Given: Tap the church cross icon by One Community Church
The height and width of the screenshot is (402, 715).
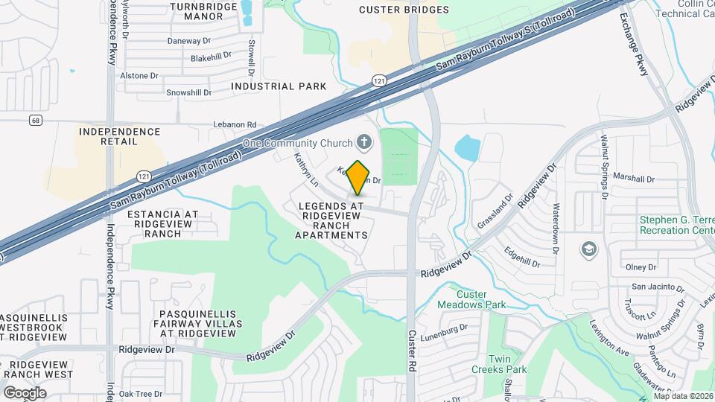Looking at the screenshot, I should point(364,141).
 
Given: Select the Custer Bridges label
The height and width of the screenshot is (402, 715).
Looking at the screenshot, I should point(404,10).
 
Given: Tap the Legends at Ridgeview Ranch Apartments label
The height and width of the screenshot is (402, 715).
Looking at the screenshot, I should point(331,220).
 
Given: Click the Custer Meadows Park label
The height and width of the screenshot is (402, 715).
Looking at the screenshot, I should point(481,299).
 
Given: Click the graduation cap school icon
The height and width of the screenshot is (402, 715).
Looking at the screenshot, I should point(588,248).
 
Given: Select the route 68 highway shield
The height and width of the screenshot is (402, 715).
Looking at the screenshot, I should point(35,120).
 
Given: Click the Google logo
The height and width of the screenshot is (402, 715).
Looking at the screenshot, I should point(25,392).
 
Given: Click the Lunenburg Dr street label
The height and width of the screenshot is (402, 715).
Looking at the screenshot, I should point(443,328).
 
